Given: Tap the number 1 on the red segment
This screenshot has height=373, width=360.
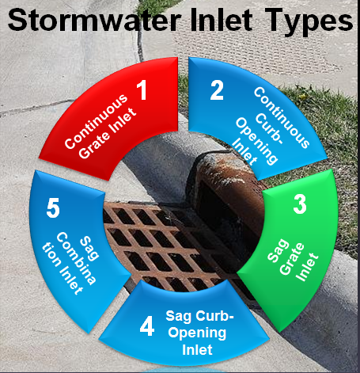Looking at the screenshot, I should pos(143,89).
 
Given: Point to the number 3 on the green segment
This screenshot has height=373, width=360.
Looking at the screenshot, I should pos(298,204).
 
